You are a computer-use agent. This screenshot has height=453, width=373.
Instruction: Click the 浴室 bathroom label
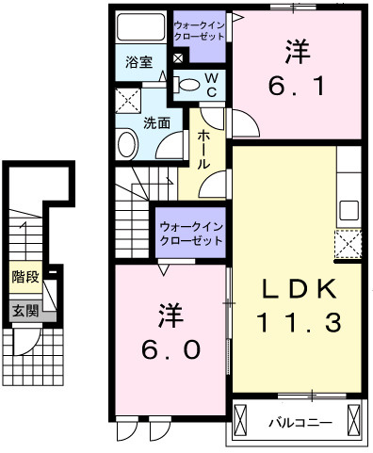pos(138,63)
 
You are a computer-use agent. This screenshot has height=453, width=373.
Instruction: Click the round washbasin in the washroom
pos(126,144)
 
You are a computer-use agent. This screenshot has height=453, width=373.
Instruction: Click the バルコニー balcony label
pos(295,420)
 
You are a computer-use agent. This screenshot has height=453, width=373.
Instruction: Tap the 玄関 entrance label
pos(24,310)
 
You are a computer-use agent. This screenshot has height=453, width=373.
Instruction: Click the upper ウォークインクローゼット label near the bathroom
pos(202,28)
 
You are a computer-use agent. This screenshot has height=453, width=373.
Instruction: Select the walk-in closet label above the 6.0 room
pos(191,234)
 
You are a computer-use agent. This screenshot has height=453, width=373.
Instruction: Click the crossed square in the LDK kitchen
pos(349,245)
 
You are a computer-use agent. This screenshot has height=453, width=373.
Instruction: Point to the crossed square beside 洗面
pos(127,100)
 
